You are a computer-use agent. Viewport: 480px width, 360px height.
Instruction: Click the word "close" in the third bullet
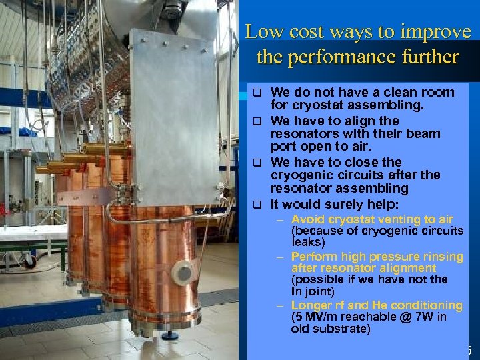click(360, 163)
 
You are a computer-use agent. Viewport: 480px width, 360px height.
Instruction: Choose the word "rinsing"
click(440, 257)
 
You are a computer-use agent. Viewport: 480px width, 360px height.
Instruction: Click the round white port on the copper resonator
click(182, 272)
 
